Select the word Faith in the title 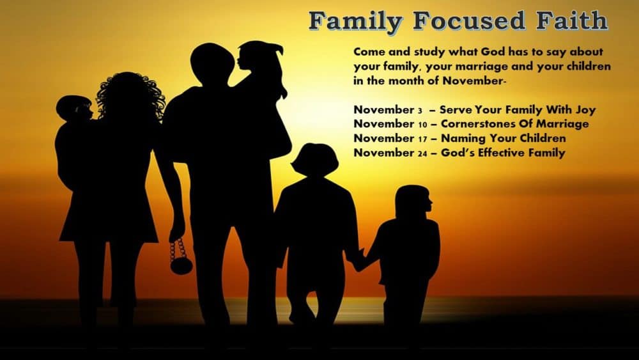tap(571, 20)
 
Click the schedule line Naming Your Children tap(460, 138)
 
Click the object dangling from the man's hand tap(181, 256)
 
